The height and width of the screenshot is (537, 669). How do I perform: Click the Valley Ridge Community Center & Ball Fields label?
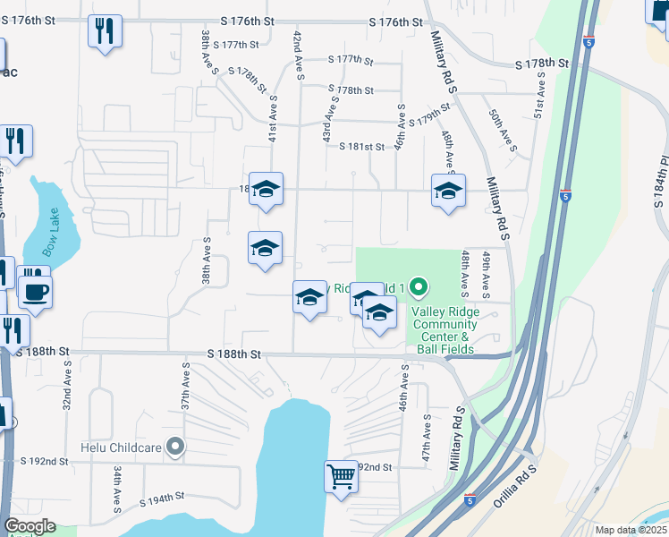[x=444, y=330]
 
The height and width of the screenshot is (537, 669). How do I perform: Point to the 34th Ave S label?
[x=117, y=489]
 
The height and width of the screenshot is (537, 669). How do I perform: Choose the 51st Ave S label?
[x=539, y=96]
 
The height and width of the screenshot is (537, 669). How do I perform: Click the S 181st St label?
[x=361, y=146]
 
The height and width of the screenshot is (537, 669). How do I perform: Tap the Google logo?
[x=30, y=526]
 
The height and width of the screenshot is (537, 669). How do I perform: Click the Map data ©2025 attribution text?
[x=631, y=530]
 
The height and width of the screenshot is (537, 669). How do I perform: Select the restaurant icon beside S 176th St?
[x=105, y=32]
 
